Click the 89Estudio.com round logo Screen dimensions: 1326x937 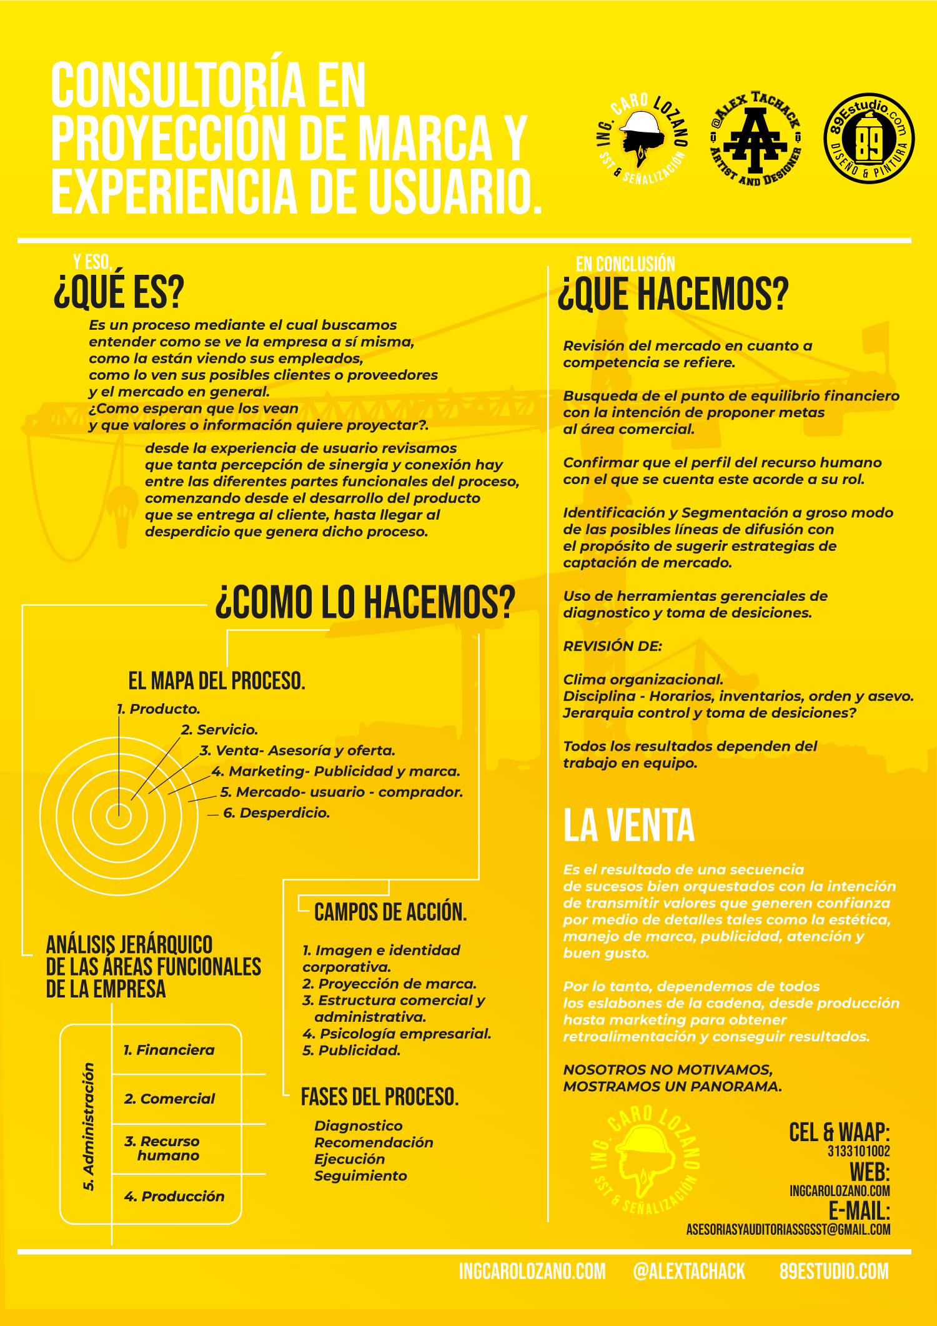(x=869, y=139)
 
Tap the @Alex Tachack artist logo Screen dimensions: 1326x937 (x=756, y=139)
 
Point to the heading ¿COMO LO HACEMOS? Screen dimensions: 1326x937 (x=365, y=603)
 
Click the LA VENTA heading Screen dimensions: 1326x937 (x=628, y=826)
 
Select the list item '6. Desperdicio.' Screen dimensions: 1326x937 (x=276, y=813)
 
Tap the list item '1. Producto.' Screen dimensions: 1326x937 (x=159, y=709)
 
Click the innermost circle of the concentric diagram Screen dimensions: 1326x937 (x=119, y=815)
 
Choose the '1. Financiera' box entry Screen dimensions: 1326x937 (x=169, y=1050)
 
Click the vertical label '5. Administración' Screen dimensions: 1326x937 (x=89, y=1126)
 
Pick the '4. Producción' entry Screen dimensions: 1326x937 (x=174, y=1196)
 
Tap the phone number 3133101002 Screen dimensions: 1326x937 (x=858, y=1151)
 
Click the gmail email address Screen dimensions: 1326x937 (x=788, y=1229)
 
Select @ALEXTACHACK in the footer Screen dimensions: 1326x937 (x=688, y=1271)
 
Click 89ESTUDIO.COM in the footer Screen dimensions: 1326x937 (x=833, y=1271)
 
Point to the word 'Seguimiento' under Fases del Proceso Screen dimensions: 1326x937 (x=360, y=1176)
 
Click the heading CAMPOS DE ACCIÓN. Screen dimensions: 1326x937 (x=390, y=913)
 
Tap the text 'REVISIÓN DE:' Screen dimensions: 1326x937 (x=612, y=646)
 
